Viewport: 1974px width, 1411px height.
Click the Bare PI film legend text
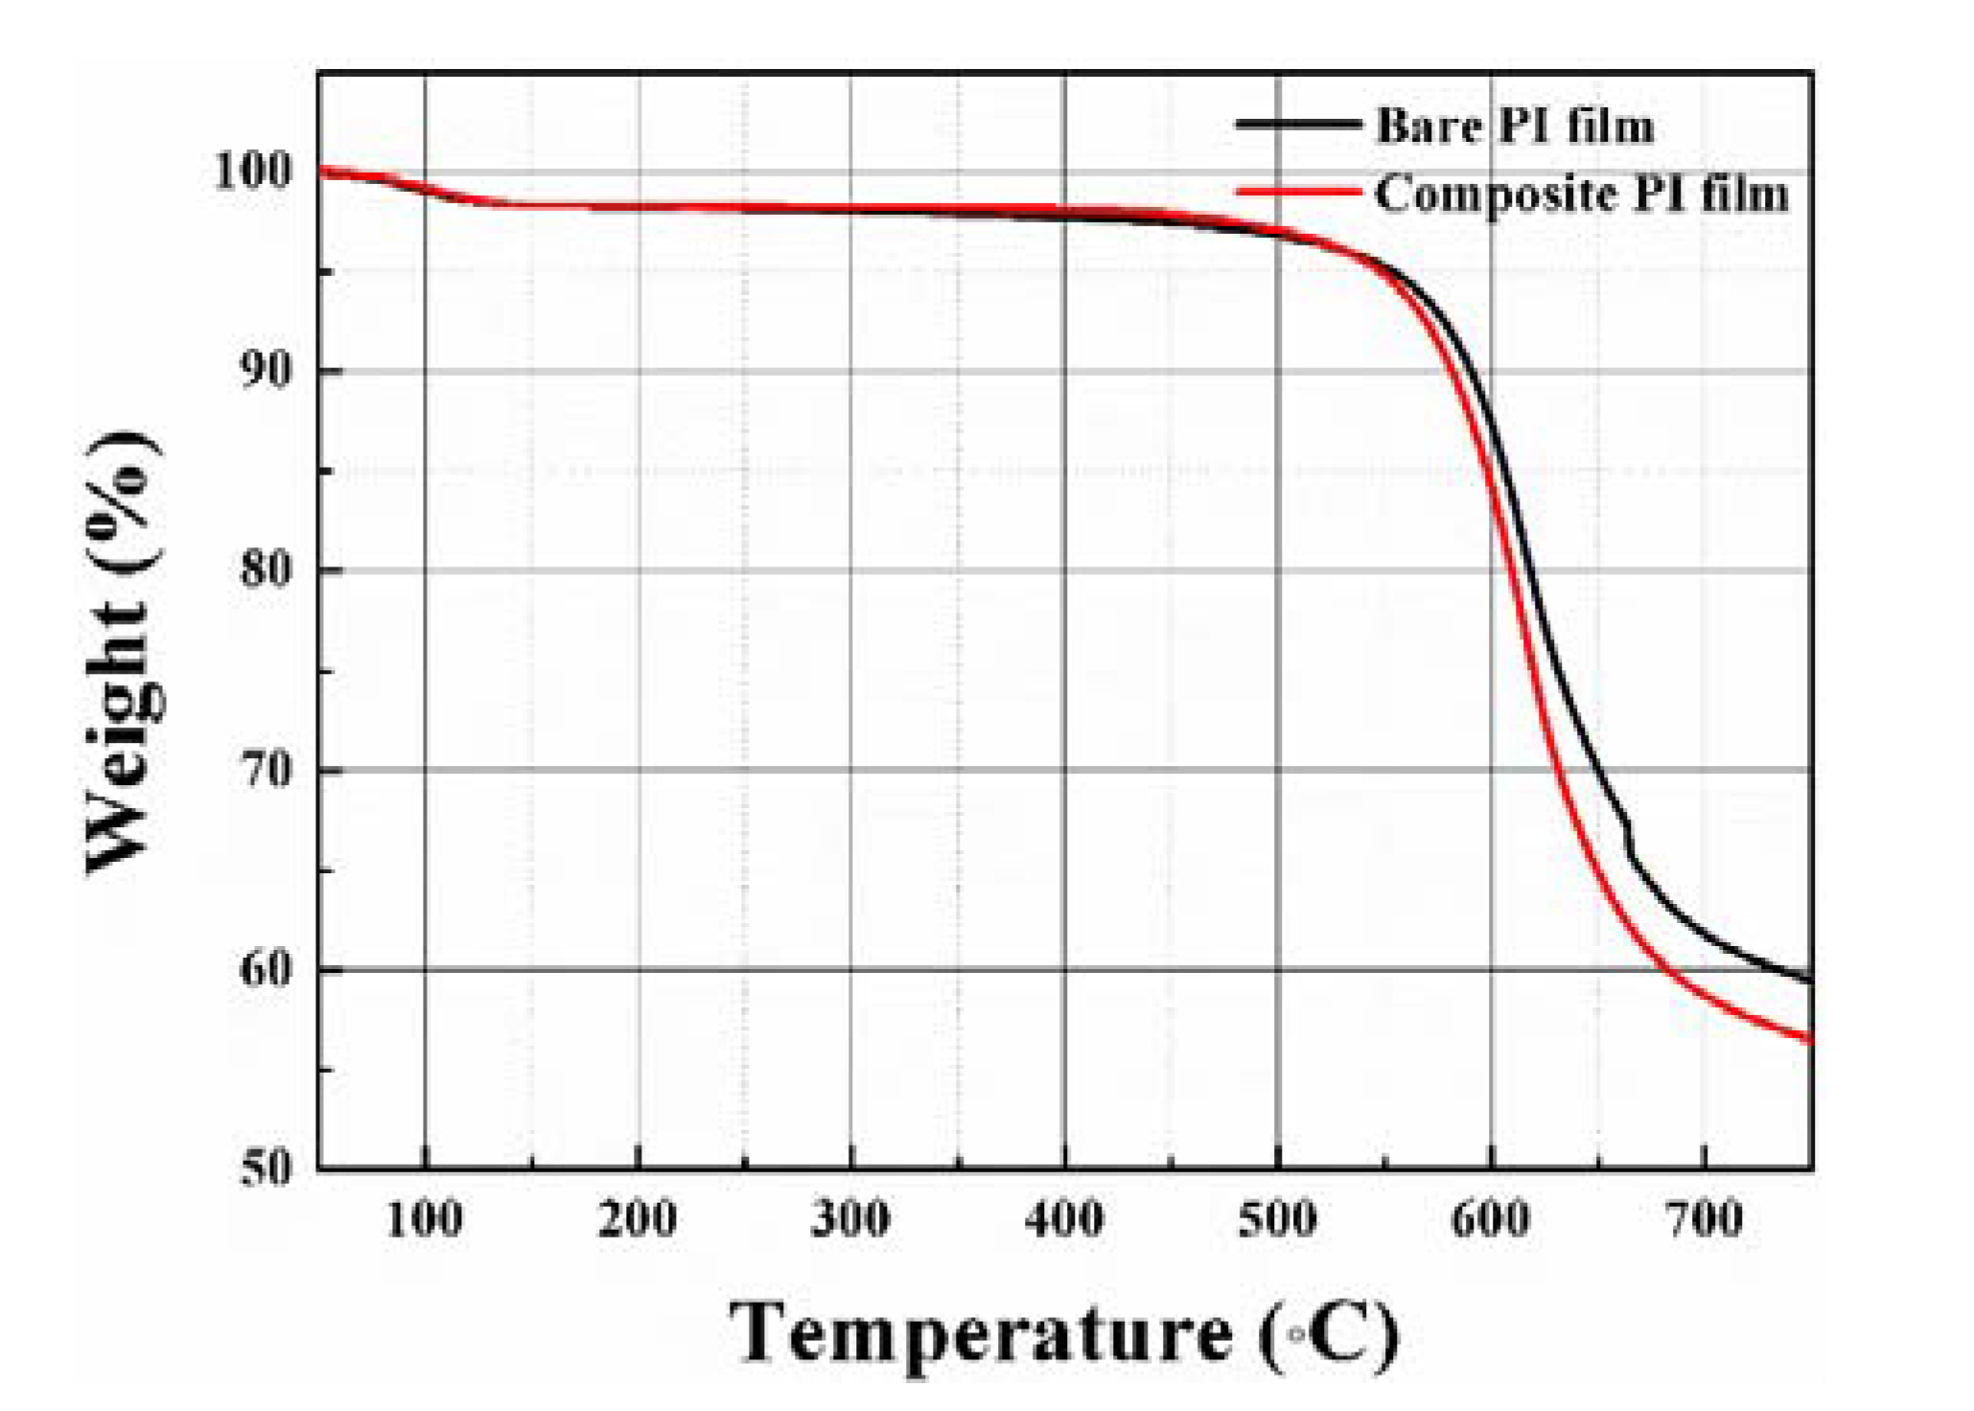point(1515,126)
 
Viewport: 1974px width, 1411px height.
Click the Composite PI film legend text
point(1581,195)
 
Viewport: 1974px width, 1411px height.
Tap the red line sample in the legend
point(1297,193)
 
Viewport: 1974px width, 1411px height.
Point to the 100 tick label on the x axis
point(424,1219)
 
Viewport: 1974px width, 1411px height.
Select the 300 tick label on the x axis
point(850,1219)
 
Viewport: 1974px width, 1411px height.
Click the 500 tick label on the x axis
point(1277,1219)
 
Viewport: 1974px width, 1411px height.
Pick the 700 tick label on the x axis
point(1704,1219)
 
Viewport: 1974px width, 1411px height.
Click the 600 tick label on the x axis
point(1490,1219)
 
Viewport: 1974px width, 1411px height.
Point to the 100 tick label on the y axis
point(251,172)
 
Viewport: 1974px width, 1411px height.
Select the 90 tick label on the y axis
point(264,370)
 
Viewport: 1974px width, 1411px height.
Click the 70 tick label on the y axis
point(264,770)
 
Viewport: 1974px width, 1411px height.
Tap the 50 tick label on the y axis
point(264,1168)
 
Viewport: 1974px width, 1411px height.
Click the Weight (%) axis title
point(123,652)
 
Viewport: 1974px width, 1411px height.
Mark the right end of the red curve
point(1809,1039)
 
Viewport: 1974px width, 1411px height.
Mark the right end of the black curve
point(1809,981)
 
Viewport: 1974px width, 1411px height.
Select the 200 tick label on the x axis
point(637,1219)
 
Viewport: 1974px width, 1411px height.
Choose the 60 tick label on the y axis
point(264,969)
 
